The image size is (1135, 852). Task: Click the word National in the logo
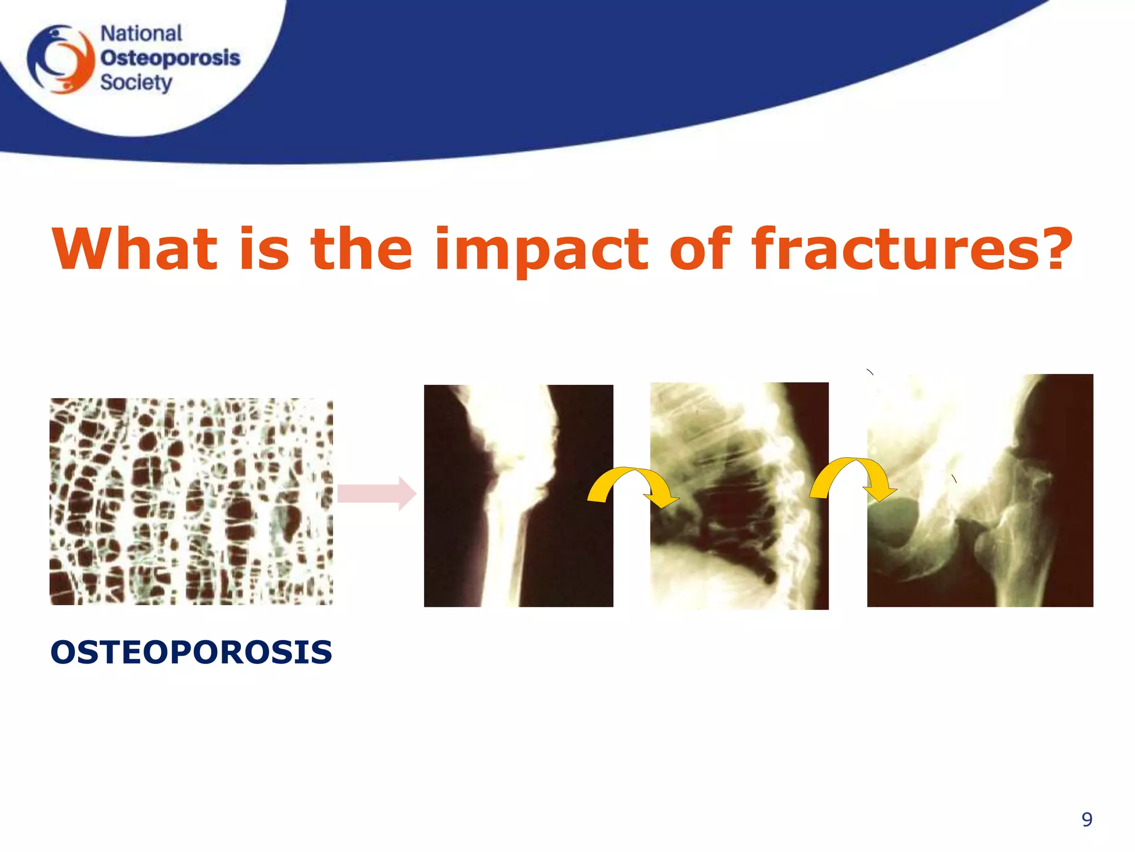(x=141, y=34)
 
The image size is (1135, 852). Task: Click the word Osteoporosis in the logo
(x=170, y=58)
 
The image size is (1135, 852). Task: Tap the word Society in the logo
(x=136, y=83)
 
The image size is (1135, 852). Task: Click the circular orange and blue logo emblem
(x=62, y=59)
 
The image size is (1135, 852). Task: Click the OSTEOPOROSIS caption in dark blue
(x=191, y=652)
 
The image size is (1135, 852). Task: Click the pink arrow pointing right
(x=376, y=493)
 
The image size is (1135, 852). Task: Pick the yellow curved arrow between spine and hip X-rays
(x=852, y=478)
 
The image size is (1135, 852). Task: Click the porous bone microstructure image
(x=191, y=501)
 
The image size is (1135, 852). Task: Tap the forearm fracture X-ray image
(x=518, y=495)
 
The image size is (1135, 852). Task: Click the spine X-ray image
(x=739, y=495)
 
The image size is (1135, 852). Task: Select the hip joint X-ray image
(x=980, y=490)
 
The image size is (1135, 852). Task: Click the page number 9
(x=1087, y=819)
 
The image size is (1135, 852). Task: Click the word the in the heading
(x=361, y=250)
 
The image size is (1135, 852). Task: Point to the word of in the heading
(x=700, y=250)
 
